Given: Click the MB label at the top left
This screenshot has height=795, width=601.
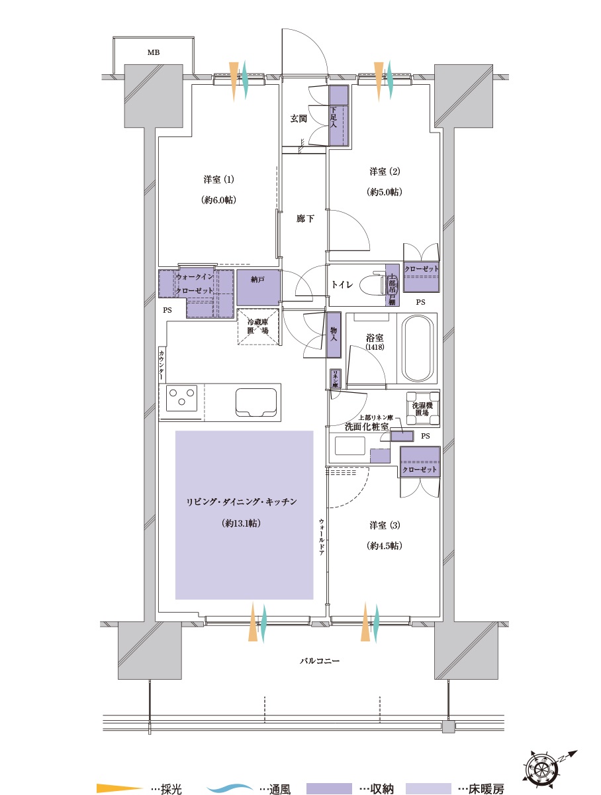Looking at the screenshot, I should [153, 52].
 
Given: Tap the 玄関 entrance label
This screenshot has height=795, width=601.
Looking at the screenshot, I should [299, 119].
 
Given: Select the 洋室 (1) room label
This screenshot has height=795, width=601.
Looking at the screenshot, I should [219, 180].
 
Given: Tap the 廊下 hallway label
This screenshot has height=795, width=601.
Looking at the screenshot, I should [304, 219].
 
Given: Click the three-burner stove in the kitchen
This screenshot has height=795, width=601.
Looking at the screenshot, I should [181, 399].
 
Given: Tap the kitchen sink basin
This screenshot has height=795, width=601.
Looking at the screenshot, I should [257, 401].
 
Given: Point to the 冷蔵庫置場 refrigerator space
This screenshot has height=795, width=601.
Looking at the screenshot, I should [257, 326].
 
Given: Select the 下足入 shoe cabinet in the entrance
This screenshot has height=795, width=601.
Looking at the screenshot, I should [338, 116].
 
